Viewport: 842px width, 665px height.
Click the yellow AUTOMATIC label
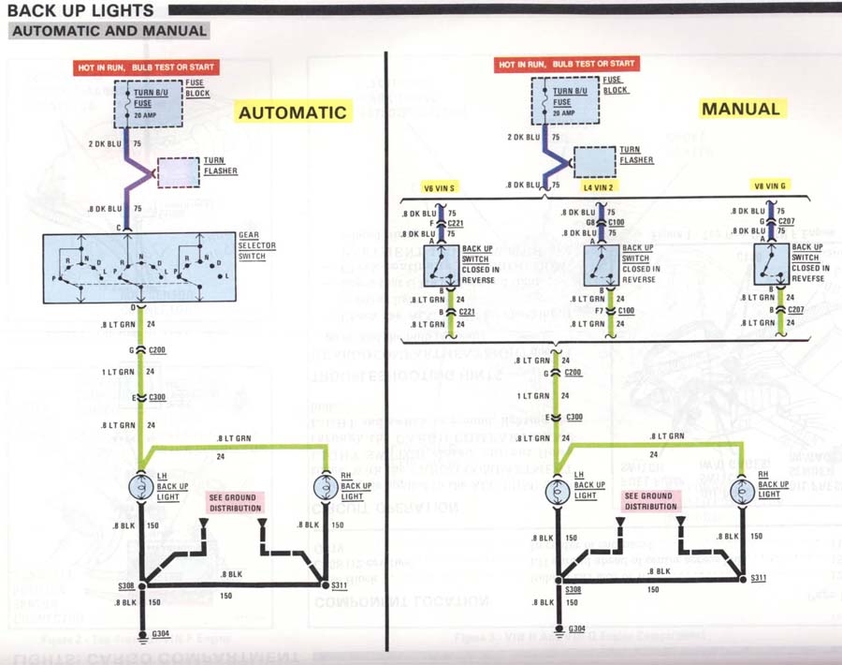[293, 112]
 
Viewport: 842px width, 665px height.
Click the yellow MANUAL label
[741, 109]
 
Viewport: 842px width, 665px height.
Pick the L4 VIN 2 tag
[599, 186]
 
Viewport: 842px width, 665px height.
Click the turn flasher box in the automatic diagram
[181, 173]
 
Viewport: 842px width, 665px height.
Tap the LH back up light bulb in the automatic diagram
[141, 488]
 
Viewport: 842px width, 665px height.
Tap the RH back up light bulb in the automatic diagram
[325, 488]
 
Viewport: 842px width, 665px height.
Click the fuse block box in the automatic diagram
[143, 100]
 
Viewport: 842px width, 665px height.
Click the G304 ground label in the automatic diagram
[162, 635]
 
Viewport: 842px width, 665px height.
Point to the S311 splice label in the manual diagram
[759, 579]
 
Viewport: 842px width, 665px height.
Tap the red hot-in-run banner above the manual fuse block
[567, 65]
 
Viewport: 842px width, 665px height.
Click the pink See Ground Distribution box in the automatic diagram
[235, 501]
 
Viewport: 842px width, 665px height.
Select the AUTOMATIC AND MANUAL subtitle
[109, 31]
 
